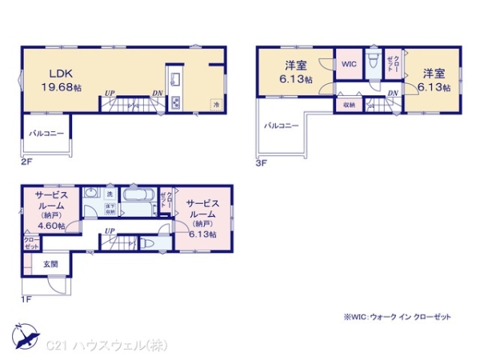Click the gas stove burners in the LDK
pos(175,102)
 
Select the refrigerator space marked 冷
pos(215,104)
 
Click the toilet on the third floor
pos(372,63)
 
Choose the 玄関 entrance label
pos(40,265)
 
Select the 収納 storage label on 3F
pos(350,104)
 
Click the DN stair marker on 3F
pos(393,94)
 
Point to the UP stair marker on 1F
pos(110,232)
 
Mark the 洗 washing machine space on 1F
pos(110,194)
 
